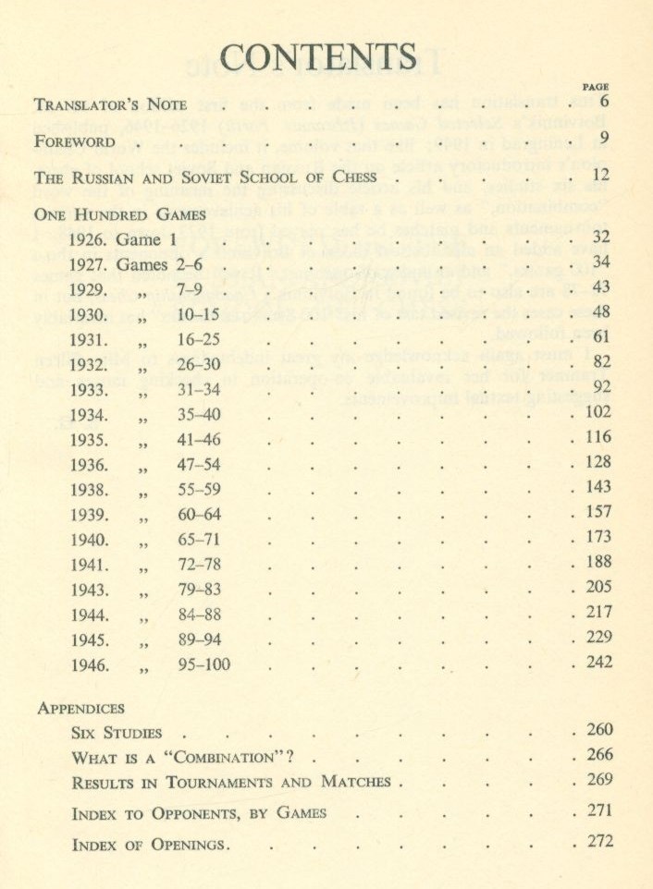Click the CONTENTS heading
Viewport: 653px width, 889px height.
[319, 57]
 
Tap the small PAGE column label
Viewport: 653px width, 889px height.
[597, 85]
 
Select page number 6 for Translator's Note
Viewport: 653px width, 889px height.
[604, 102]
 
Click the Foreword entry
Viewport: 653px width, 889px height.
[74, 142]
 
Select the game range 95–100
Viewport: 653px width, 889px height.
[203, 664]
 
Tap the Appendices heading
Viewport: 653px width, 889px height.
[80, 708]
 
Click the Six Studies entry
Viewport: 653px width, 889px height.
[116, 733]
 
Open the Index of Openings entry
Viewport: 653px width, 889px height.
[150, 844]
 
